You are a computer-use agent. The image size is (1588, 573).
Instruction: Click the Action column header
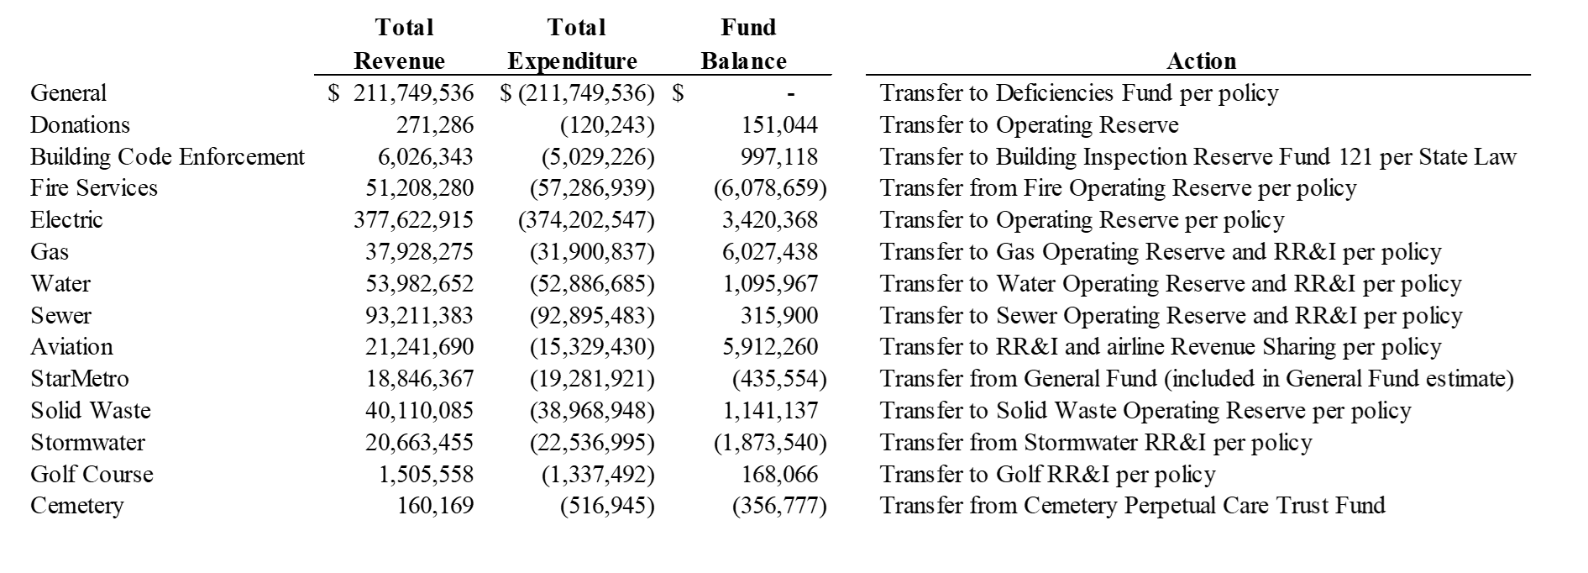(x=1201, y=61)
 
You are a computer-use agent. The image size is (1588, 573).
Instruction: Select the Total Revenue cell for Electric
(x=413, y=220)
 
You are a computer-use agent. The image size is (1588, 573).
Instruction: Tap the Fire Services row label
(x=94, y=187)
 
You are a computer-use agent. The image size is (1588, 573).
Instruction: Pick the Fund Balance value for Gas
(x=770, y=252)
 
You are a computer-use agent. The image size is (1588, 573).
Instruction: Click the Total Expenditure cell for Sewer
(x=592, y=316)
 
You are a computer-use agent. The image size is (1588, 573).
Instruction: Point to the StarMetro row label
(x=80, y=379)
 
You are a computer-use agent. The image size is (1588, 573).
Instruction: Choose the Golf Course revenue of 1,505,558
(x=426, y=475)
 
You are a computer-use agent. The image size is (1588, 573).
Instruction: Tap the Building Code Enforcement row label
(x=167, y=157)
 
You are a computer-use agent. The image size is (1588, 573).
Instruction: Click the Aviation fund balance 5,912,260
(x=770, y=347)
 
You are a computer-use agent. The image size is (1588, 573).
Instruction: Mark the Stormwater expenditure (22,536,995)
(x=592, y=443)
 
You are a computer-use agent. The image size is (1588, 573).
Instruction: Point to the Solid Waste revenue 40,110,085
(x=419, y=411)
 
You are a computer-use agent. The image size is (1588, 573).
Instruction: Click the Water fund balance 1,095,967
(x=770, y=284)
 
